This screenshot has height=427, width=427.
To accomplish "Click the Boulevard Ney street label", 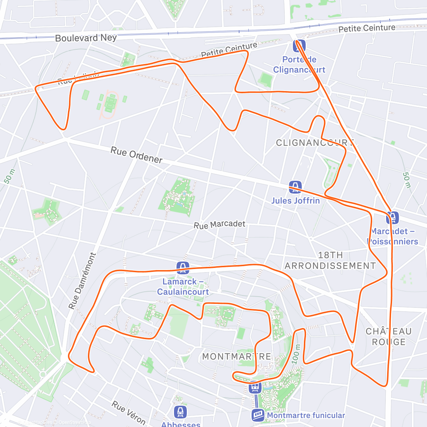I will click(86, 38).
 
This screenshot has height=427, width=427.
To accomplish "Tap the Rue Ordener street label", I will click(137, 155).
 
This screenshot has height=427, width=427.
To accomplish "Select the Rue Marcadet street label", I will click(220, 225).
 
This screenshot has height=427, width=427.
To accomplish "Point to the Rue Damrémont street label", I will click(82, 281).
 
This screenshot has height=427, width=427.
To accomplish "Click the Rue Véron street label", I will click(128, 413).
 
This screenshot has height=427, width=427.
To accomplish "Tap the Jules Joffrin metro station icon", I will click(295, 187).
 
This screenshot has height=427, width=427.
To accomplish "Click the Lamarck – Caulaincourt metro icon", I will click(183, 268).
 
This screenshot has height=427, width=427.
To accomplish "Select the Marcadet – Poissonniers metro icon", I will click(392, 217).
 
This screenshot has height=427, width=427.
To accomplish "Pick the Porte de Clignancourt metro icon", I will click(299, 46).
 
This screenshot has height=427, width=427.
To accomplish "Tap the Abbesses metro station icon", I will click(180, 412).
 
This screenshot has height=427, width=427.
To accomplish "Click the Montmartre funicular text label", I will click(306, 415).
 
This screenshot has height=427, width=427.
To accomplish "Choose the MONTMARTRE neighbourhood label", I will click(237, 357).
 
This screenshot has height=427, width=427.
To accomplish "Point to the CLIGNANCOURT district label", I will click(315, 143).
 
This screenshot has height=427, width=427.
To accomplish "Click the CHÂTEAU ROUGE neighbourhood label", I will click(389, 337).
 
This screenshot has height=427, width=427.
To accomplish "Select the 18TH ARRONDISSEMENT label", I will click(330, 260).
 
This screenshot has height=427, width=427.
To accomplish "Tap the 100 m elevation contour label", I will click(296, 354).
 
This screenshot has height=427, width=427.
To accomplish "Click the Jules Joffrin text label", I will click(295, 201).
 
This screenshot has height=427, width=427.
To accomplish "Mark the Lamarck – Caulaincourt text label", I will click(183, 287).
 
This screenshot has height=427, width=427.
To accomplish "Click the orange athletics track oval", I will click(109, 104).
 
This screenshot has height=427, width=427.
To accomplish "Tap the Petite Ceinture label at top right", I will click(367, 28).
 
